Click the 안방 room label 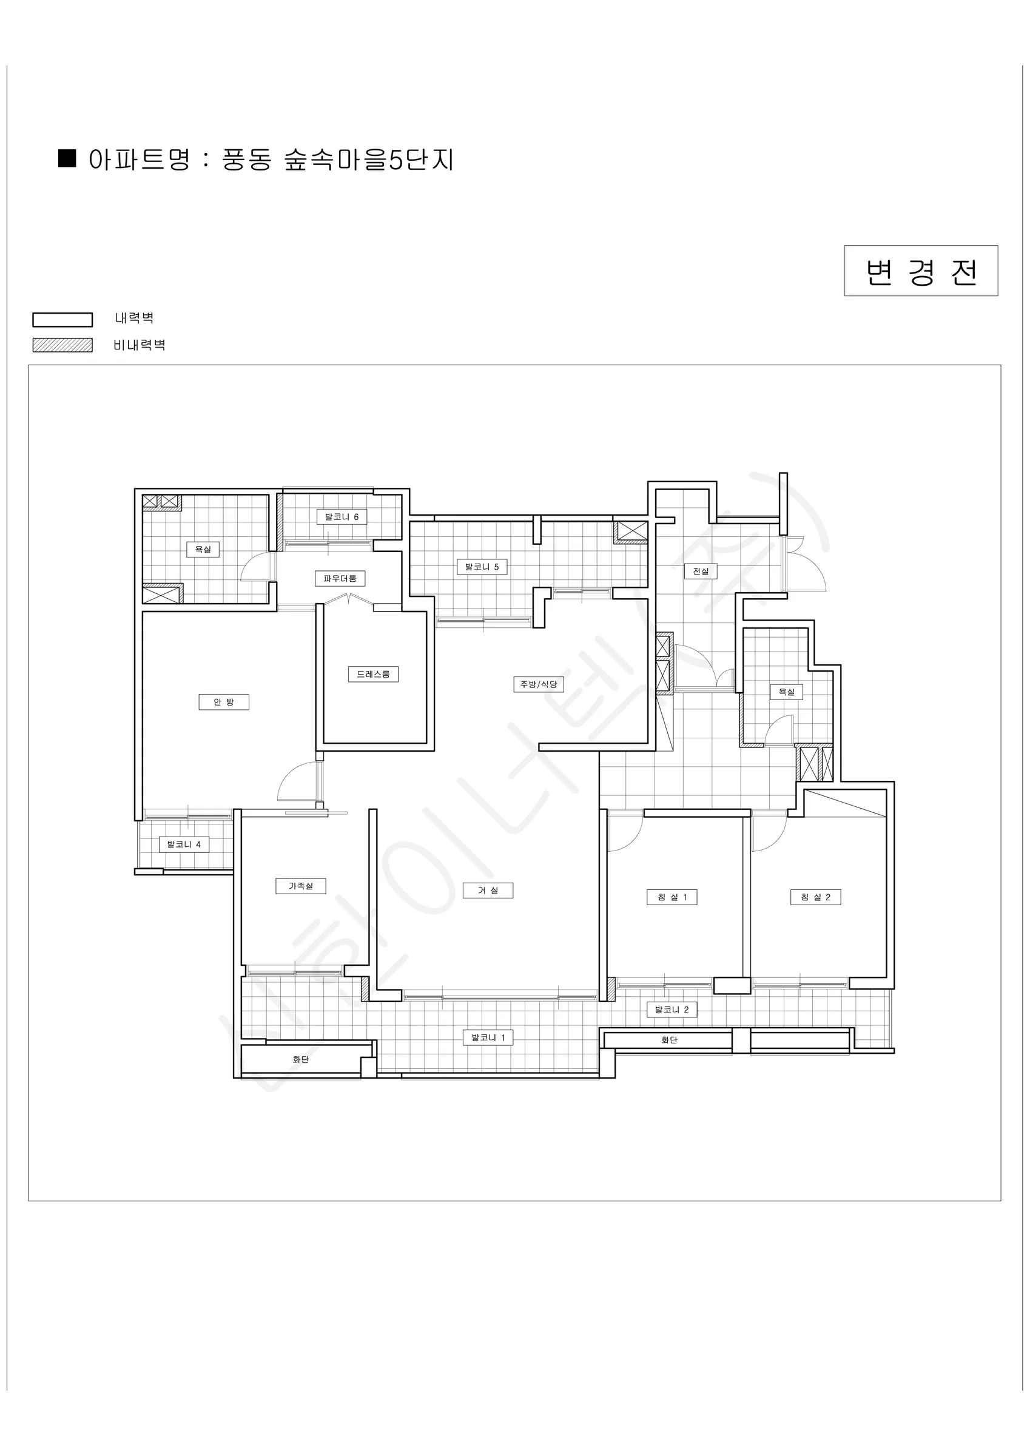tap(224, 702)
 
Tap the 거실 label tap(488, 891)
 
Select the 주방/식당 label tap(539, 684)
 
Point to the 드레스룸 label tap(373, 674)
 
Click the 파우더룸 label tap(340, 578)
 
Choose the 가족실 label tap(301, 886)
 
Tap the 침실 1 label tap(672, 897)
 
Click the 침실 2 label tap(816, 897)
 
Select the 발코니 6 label tap(342, 517)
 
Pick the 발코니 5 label tap(482, 567)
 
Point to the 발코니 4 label tap(184, 844)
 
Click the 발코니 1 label tap(488, 1038)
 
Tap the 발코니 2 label tap(672, 1009)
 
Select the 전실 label tap(701, 571)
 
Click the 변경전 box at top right tap(921, 271)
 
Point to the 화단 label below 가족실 tap(301, 1060)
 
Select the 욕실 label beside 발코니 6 tap(203, 549)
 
